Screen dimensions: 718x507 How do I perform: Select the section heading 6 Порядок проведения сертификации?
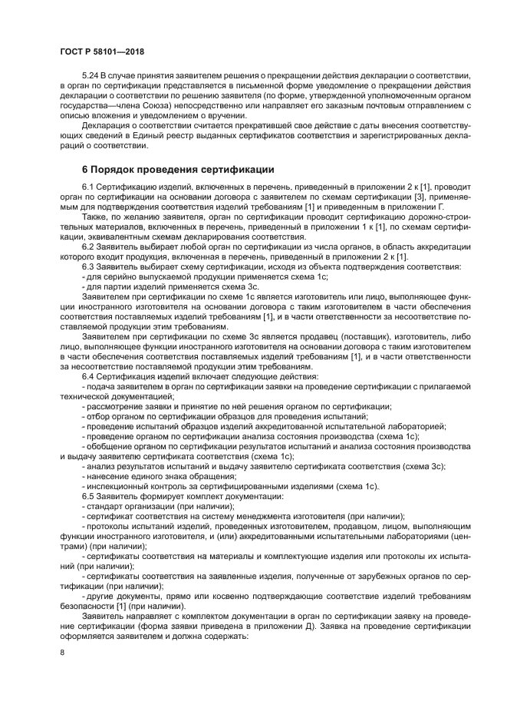click(176, 168)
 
